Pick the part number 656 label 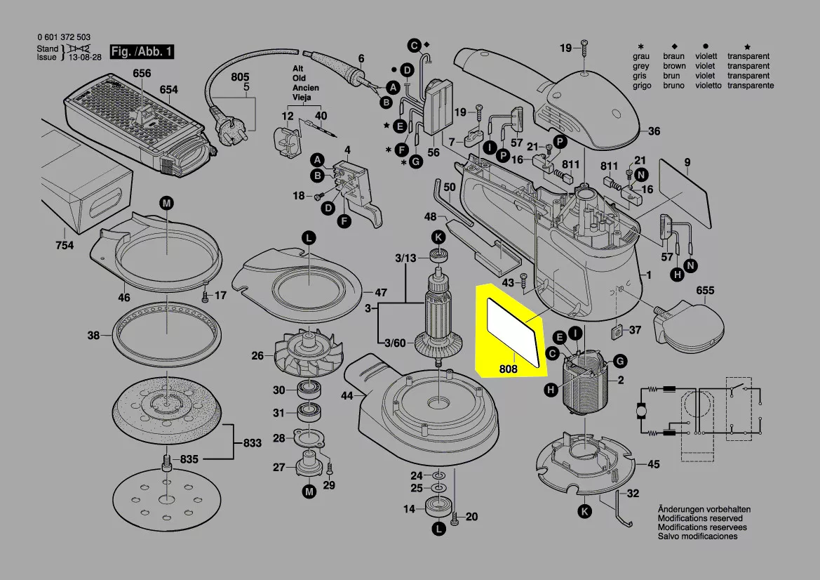[142, 74]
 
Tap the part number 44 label [347, 396]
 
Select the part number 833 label [253, 443]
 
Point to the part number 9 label [687, 162]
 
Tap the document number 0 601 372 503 [63, 37]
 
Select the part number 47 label [380, 293]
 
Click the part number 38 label [93, 336]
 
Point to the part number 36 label [654, 131]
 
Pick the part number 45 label [653, 464]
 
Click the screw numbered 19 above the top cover [584, 51]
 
